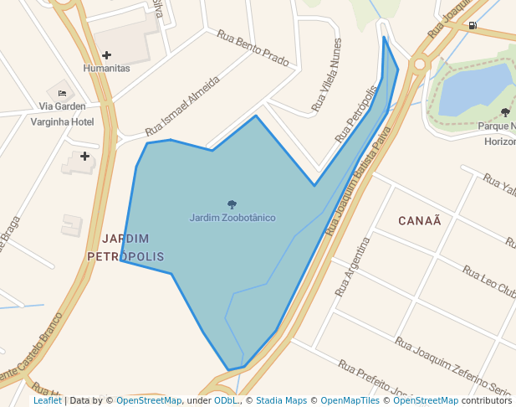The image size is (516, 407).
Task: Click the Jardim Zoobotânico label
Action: [x=232, y=218]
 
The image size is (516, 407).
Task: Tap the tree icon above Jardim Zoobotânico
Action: [x=232, y=204]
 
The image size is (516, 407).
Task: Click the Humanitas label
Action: [x=106, y=68]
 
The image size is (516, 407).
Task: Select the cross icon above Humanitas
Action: [x=106, y=55]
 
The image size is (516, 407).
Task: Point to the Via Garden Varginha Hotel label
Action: [x=62, y=114]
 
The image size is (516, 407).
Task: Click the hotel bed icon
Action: [x=62, y=92]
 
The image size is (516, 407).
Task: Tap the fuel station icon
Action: [x=473, y=25]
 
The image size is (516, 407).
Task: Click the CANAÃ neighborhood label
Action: [x=420, y=220]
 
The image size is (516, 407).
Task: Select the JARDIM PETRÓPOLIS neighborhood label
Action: [x=125, y=247]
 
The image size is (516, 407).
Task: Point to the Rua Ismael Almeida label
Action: [x=182, y=106]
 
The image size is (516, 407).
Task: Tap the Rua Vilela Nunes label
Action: [x=326, y=75]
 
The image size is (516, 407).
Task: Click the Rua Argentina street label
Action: [x=351, y=266]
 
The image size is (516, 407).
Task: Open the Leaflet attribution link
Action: [x=47, y=400]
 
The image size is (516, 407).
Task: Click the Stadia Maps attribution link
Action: [x=281, y=400]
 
